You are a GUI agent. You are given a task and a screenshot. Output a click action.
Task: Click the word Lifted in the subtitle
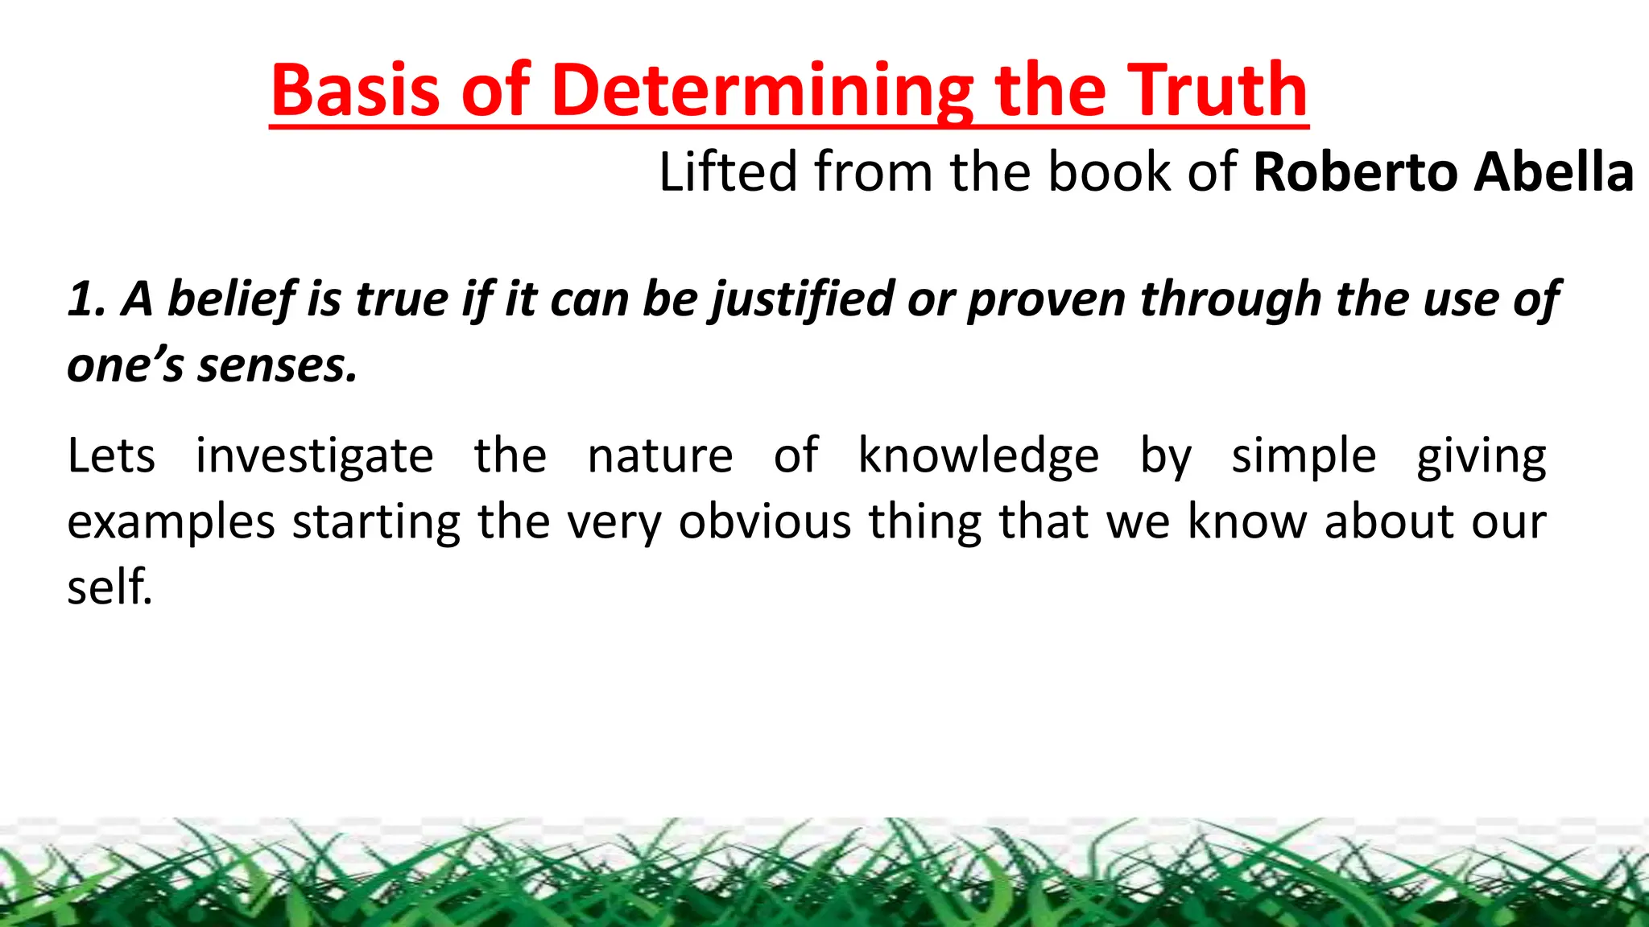728,171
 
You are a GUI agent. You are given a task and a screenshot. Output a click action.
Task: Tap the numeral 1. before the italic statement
85,299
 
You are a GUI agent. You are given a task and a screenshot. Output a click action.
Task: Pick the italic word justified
800,299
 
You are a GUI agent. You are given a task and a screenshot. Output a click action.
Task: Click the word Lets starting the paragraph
111,455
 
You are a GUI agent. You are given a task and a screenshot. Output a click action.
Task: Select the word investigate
314,455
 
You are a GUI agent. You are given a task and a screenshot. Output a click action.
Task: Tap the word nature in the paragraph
660,455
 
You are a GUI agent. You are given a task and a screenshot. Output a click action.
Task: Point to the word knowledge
978,455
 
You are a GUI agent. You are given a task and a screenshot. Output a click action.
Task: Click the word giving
1482,455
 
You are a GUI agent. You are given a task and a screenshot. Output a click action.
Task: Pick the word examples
171,521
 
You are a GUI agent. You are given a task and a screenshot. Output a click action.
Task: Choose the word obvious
765,521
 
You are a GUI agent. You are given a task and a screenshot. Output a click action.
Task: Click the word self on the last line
109,587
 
